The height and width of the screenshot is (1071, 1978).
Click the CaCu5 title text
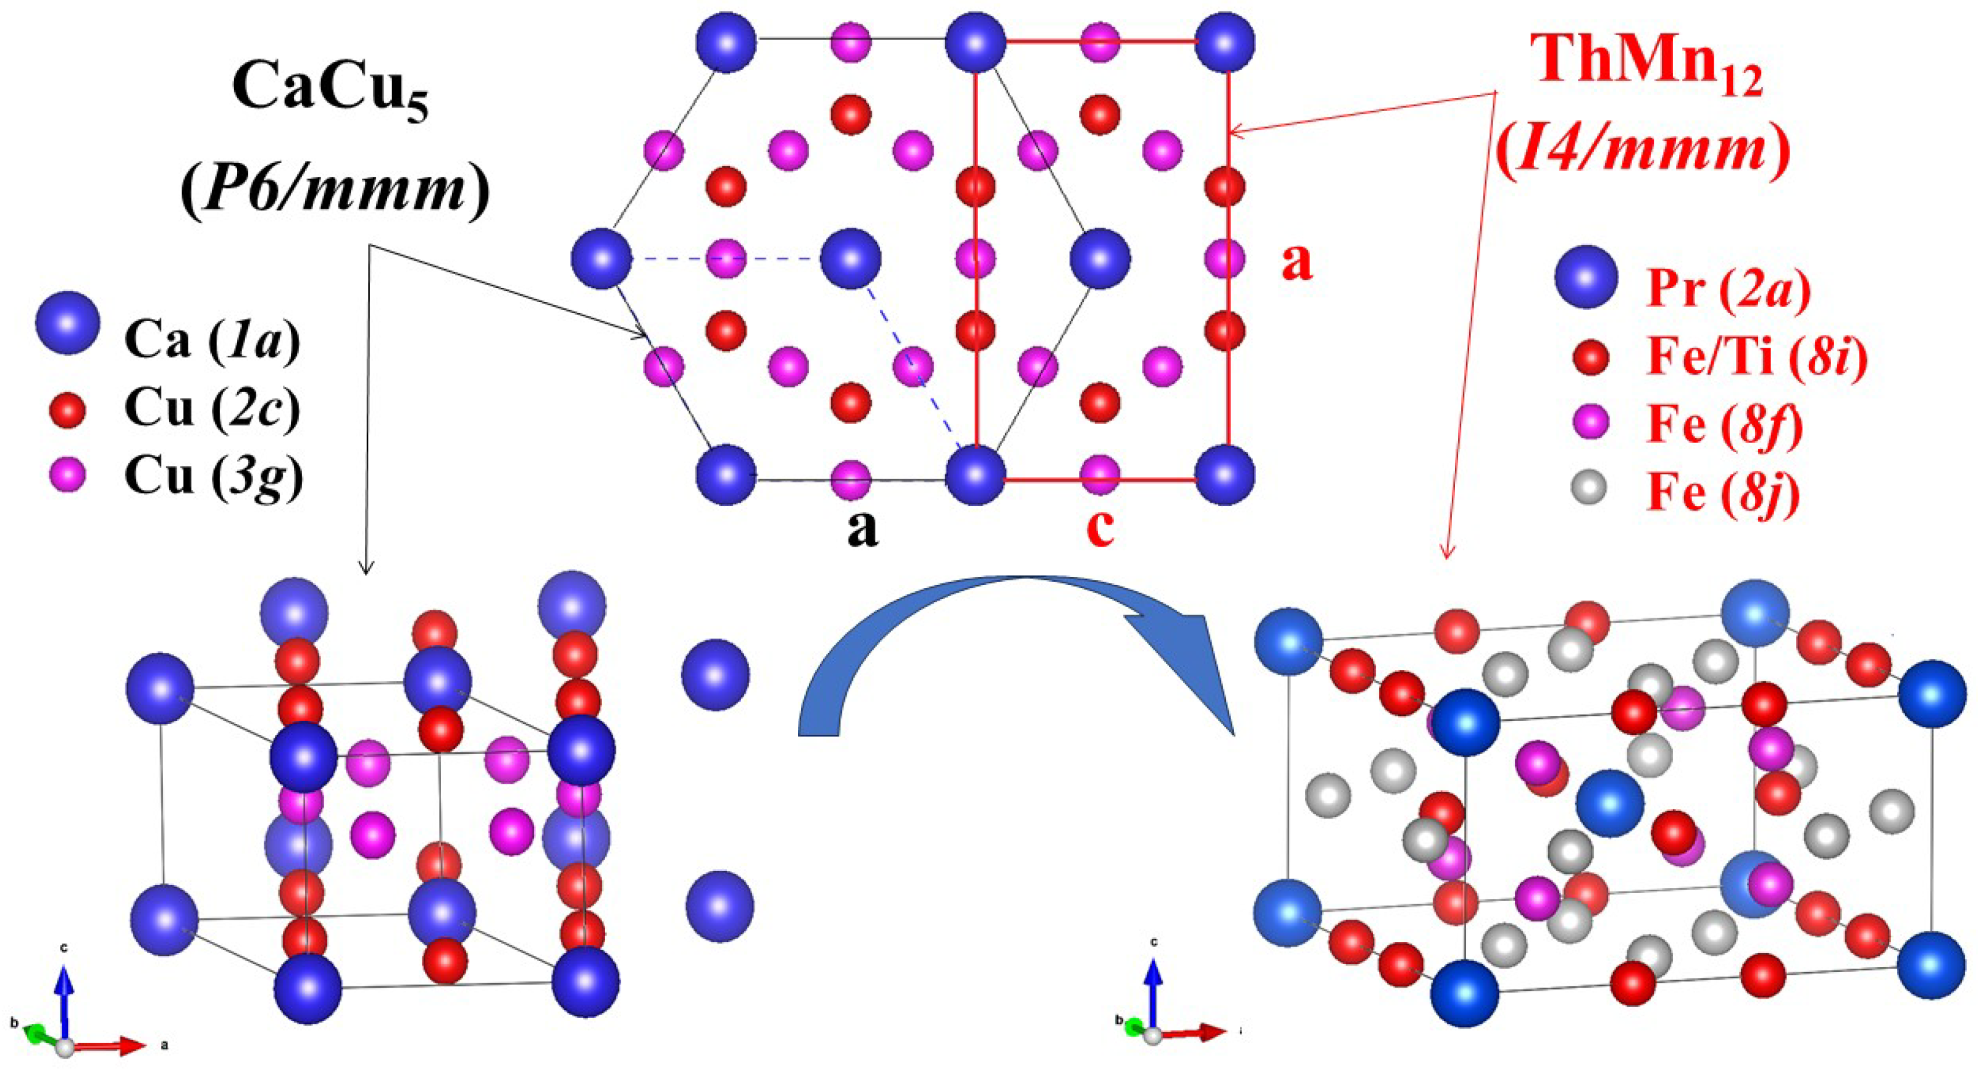pyautogui.click(x=330, y=100)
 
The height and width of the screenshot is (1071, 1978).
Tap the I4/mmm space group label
pyautogui.click(x=1643, y=154)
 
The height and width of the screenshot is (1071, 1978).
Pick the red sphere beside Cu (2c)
pyautogui.click(x=67, y=410)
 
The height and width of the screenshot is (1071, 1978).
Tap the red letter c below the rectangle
pyautogui.click(x=1100, y=528)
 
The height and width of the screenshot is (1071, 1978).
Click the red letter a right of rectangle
pyautogui.click(x=1297, y=262)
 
